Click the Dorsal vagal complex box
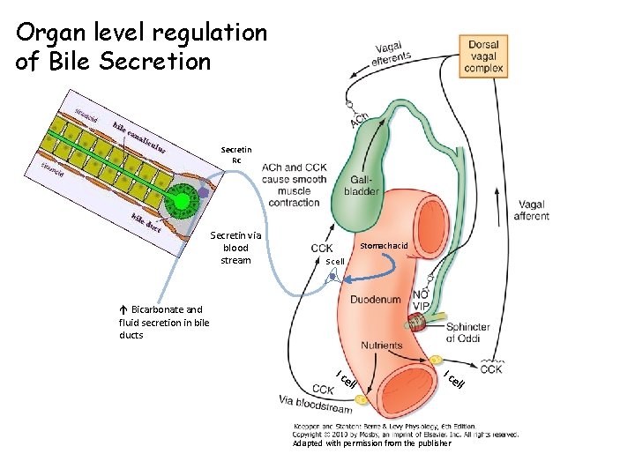(483, 56)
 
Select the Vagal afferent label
(531, 210)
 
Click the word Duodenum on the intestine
(376, 300)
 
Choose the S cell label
(335, 262)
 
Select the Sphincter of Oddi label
(480, 333)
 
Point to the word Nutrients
(381, 346)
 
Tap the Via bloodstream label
(316, 404)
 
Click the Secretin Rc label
(235, 155)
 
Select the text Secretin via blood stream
(235, 248)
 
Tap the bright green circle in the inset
(183, 202)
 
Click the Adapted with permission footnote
(371, 443)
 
